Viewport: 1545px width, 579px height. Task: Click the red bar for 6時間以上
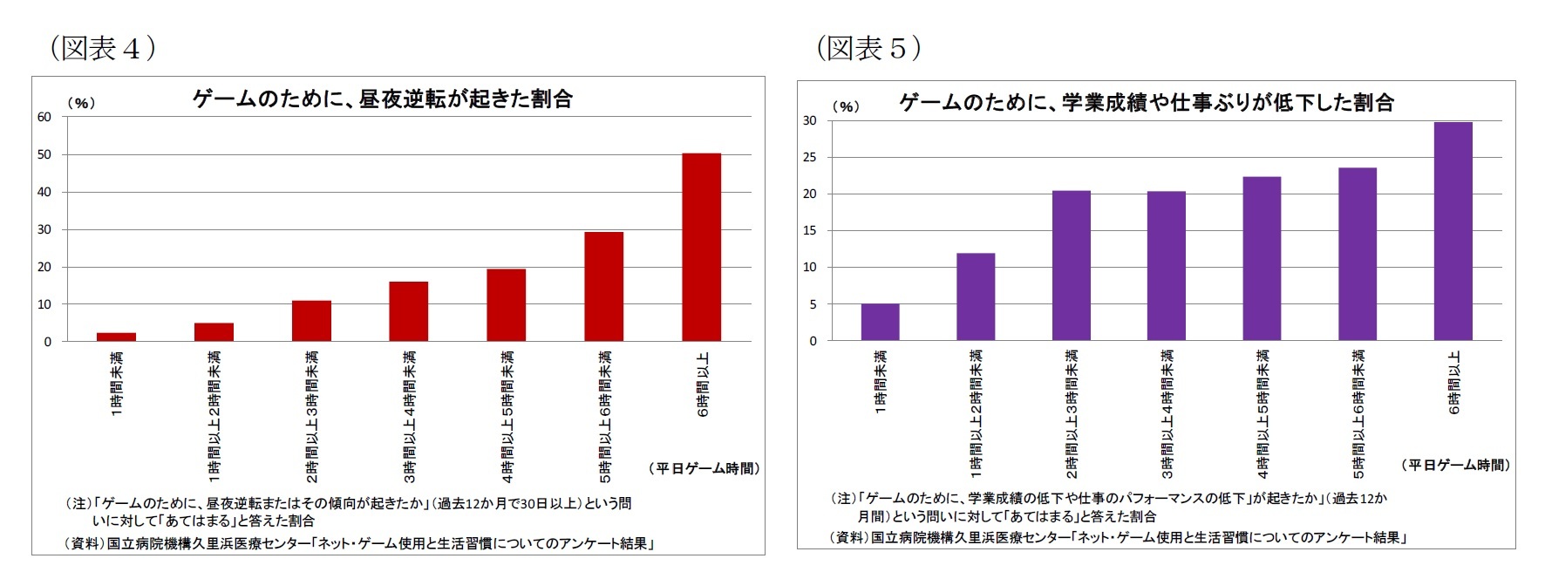click(701, 248)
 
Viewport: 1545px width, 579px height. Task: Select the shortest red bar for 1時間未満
click(116, 337)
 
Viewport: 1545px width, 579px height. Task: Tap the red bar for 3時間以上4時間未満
click(408, 311)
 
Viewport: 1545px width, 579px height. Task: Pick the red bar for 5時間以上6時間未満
click(603, 287)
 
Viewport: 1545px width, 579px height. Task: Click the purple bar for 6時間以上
click(1453, 232)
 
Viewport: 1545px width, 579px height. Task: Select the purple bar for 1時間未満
click(880, 323)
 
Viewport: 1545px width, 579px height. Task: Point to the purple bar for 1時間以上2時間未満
click(976, 297)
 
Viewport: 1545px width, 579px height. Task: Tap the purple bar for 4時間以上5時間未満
click(1262, 259)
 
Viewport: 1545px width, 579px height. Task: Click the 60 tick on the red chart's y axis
click(44, 117)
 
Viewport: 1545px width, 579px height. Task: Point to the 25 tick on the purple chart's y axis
click(810, 158)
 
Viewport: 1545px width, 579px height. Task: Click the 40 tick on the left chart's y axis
click(44, 192)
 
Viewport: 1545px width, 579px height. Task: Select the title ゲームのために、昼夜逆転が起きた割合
click(382, 99)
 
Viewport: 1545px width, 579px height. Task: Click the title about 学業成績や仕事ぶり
click(1146, 103)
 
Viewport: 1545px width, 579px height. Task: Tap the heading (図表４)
click(102, 47)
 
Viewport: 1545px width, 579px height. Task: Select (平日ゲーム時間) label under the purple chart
click(1455, 466)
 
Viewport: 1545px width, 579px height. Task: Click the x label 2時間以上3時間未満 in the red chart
click(312, 416)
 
